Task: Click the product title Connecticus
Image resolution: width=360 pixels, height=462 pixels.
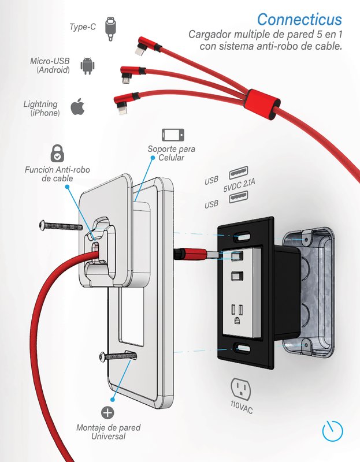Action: coord(299,20)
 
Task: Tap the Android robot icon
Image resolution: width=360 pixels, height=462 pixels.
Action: coord(87,66)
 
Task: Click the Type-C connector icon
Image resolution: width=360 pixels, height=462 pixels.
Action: coord(112,28)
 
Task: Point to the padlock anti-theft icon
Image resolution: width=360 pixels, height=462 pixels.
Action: coord(57,152)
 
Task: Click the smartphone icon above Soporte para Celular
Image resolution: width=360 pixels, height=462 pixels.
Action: coord(173,135)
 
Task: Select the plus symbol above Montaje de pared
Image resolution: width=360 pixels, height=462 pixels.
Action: coord(107,412)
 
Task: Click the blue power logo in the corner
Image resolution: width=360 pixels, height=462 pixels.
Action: coord(332,430)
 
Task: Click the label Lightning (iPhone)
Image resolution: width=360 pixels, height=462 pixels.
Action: coord(40,109)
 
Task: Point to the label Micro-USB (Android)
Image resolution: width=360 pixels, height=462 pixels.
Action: coord(50,65)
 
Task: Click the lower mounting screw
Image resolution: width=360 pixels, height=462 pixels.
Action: coord(118,356)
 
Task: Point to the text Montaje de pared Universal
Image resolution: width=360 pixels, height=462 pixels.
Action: coord(108,432)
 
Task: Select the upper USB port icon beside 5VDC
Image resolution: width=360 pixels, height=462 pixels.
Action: coord(238,173)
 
